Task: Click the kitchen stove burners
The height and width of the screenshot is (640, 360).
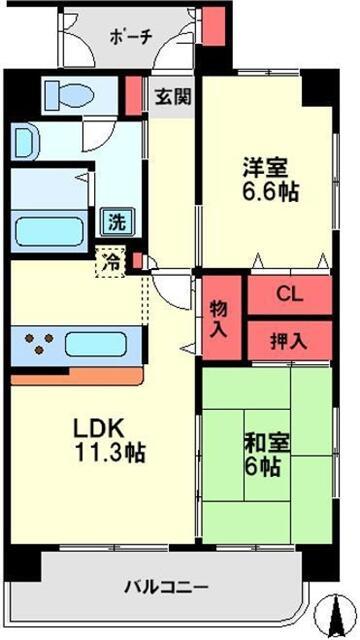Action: (x=37, y=345)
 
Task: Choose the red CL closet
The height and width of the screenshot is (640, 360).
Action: (x=289, y=295)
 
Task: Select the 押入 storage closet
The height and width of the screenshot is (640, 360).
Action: (x=289, y=340)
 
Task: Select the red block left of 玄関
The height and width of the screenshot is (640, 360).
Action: (x=133, y=94)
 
